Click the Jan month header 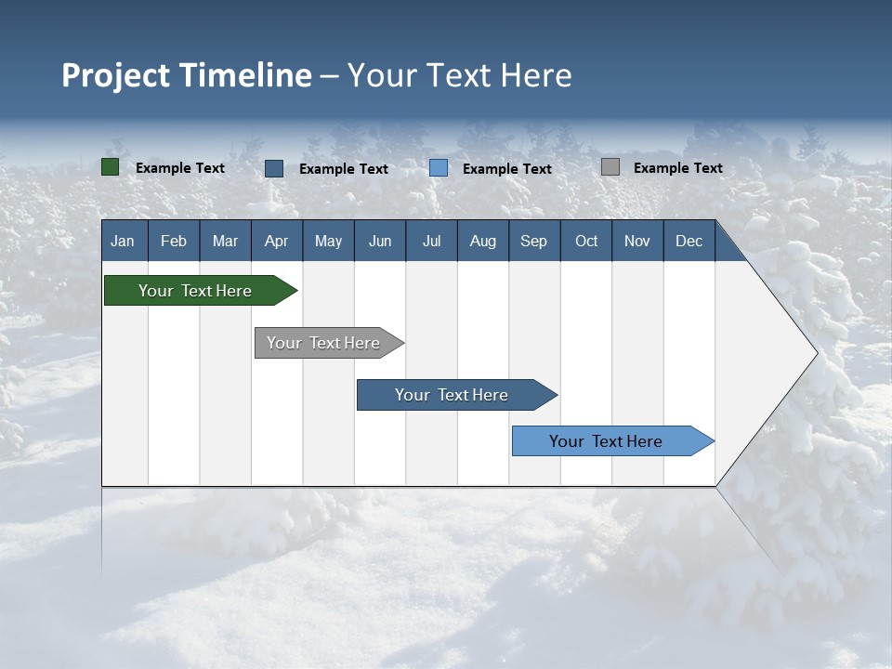pyautogui.click(x=123, y=242)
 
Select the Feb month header pyautogui.click(x=174, y=242)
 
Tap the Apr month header pyautogui.click(x=276, y=242)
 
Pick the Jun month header pyautogui.click(x=380, y=242)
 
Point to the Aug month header pyautogui.click(x=482, y=242)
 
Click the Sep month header pyautogui.click(x=533, y=242)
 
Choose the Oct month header pyautogui.click(x=586, y=242)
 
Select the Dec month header pyautogui.click(x=689, y=242)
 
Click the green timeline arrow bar pyautogui.click(x=195, y=291)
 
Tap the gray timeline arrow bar pyautogui.click(x=323, y=343)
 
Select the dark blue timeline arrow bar pyautogui.click(x=452, y=395)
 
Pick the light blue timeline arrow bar pyautogui.click(x=606, y=441)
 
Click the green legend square pyautogui.click(x=111, y=167)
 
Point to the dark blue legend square pyautogui.click(x=274, y=168)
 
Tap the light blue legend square pyautogui.click(x=439, y=168)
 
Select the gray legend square pyautogui.click(x=610, y=167)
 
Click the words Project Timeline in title pyautogui.click(x=186, y=75)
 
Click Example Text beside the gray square pyautogui.click(x=677, y=168)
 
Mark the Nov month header pyautogui.click(x=636, y=242)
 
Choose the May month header pyautogui.click(x=328, y=242)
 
